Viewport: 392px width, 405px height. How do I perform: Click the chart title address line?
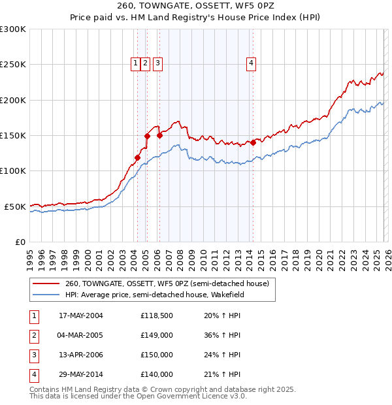point(196,6)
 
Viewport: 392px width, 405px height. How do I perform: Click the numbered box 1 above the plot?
point(135,63)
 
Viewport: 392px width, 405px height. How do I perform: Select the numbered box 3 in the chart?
point(158,63)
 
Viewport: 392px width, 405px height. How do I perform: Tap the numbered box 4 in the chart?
point(251,63)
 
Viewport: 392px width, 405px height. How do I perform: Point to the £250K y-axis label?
point(13,65)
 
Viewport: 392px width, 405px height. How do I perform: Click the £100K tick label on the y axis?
point(13,170)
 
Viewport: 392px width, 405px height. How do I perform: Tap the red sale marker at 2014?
point(253,142)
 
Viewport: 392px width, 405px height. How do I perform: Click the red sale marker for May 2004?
point(138,157)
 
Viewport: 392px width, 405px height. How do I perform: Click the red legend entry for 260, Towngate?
point(167,284)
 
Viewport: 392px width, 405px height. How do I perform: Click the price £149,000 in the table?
point(157,335)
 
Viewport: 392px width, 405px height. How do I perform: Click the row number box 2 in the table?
point(33,335)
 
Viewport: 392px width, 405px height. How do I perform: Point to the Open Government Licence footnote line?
point(138,396)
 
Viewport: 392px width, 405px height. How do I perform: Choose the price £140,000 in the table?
point(157,374)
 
